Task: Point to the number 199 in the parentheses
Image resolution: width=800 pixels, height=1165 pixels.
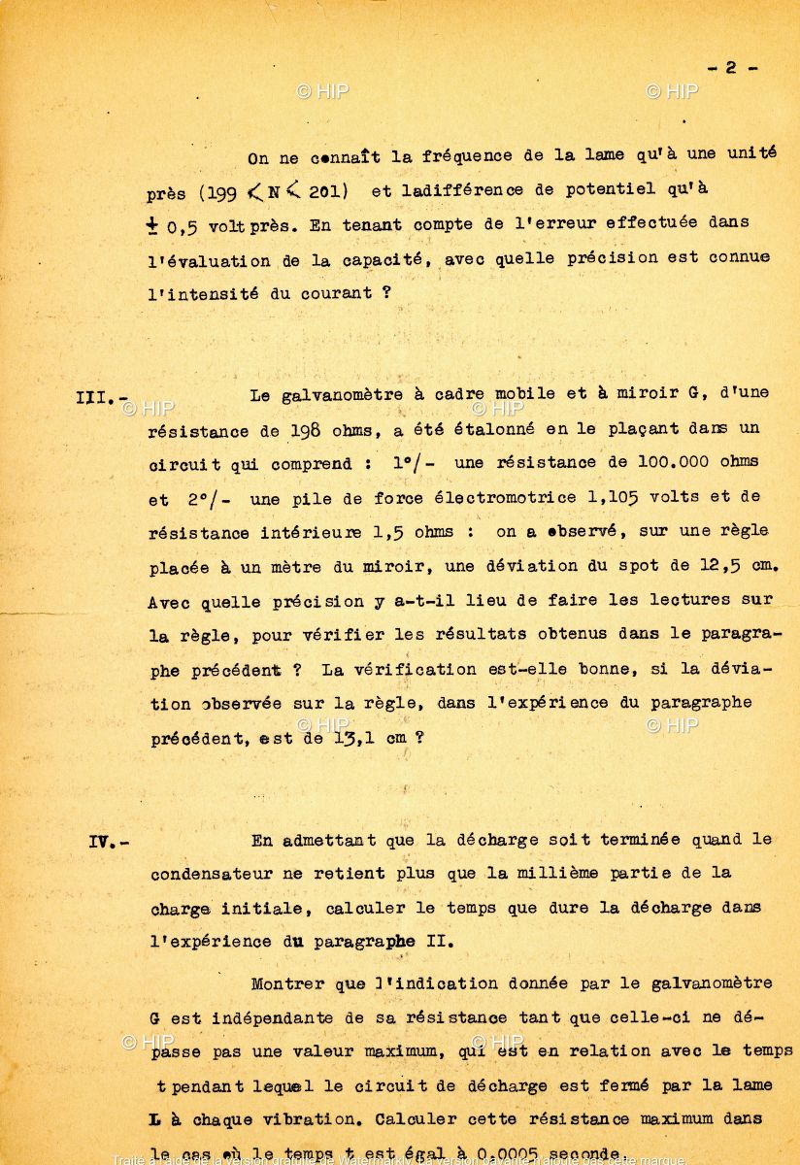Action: [x=222, y=190]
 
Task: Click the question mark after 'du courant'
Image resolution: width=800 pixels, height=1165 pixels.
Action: [x=385, y=292]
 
